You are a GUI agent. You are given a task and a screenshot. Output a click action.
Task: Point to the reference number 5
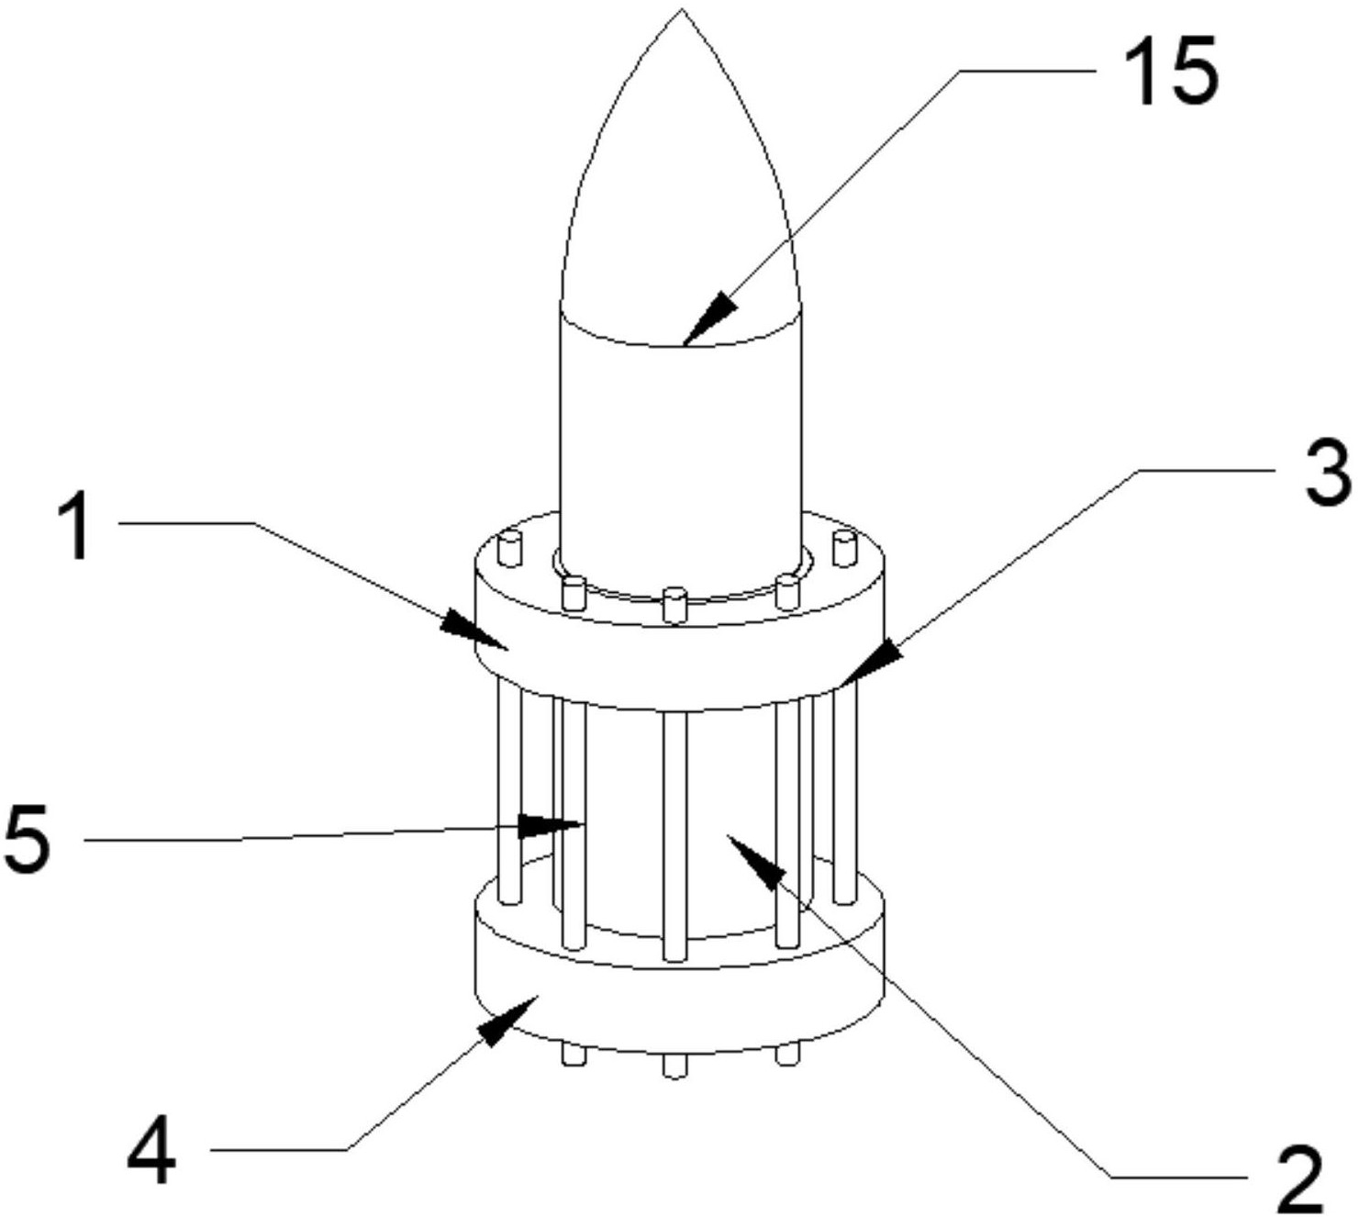(28, 840)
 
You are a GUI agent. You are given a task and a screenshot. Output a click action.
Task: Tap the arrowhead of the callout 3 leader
(870, 664)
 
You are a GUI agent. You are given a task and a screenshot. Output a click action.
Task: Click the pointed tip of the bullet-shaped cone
(682, 9)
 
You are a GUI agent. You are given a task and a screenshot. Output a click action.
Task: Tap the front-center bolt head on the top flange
(674, 604)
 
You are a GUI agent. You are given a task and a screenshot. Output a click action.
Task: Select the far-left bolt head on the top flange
(510, 549)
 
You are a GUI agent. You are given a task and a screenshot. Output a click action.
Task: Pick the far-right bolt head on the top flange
(843, 549)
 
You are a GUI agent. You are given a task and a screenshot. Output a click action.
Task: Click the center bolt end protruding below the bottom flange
(674, 1065)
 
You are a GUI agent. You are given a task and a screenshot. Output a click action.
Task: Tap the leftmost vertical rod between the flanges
(508, 792)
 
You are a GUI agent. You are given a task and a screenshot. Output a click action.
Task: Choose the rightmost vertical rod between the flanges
(844, 792)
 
